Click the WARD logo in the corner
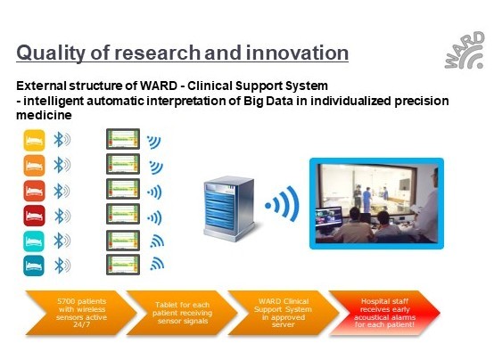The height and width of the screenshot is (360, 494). pyautogui.click(x=465, y=51)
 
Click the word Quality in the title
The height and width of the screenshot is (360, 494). pyautogui.click(x=51, y=53)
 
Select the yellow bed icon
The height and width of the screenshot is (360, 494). pyautogui.click(x=34, y=140)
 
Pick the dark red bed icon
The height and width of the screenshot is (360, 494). pyautogui.click(x=34, y=216)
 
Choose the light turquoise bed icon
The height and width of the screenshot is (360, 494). pyautogui.click(x=34, y=241)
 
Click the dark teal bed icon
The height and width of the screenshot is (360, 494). pyautogui.click(x=34, y=266)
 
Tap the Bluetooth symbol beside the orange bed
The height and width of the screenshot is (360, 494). pyautogui.click(x=62, y=165)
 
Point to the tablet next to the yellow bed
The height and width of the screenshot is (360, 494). pyautogui.click(x=123, y=139)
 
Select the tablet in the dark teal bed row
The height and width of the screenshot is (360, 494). pyautogui.click(x=123, y=265)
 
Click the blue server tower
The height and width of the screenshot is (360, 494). pyautogui.click(x=229, y=209)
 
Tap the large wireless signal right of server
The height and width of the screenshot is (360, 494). pyautogui.click(x=283, y=204)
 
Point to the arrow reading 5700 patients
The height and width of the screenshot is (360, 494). pyautogui.click(x=81, y=313)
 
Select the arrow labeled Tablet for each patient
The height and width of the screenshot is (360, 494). pyautogui.click(x=182, y=313)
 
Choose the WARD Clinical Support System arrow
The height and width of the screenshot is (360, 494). pyautogui.click(x=284, y=313)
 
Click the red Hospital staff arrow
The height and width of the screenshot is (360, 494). pyautogui.click(x=384, y=313)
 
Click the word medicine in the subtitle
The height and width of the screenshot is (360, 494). pyautogui.click(x=44, y=115)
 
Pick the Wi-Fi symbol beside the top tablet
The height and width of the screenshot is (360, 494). pyautogui.click(x=154, y=142)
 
